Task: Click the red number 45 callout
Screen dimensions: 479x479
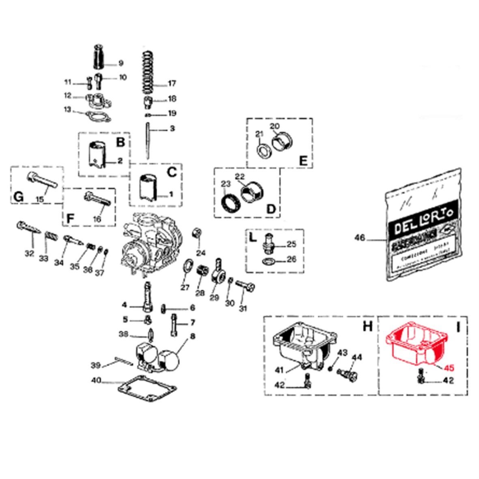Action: pos(449,369)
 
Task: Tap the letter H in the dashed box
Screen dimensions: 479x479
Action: pos(367,326)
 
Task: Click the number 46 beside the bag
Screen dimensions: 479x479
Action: pos(360,238)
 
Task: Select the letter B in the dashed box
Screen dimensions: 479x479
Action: pos(120,142)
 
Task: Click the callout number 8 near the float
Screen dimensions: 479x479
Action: pos(192,336)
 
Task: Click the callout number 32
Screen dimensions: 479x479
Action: pos(29,253)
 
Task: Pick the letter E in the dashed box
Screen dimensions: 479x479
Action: pos(303,161)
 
